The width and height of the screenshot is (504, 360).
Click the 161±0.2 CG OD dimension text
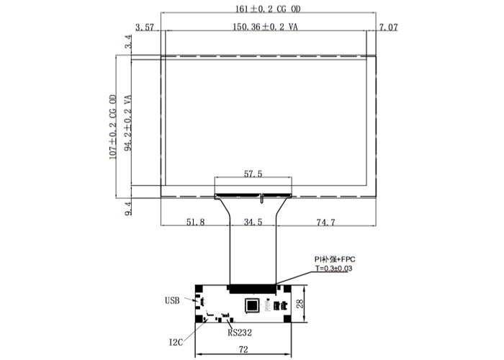(x=268, y=9)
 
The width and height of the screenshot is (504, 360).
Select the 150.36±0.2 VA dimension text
(x=265, y=27)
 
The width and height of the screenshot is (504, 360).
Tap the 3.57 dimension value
(x=145, y=27)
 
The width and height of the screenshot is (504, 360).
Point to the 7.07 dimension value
(x=389, y=27)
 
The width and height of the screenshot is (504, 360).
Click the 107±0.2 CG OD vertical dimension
(x=113, y=127)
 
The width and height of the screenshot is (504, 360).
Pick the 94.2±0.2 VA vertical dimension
(x=128, y=123)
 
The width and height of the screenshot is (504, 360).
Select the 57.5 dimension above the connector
(x=253, y=174)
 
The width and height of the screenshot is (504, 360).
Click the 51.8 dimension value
(x=195, y=222)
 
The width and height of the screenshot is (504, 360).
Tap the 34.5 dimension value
(x=253, y=222)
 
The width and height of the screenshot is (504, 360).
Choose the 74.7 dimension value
(x=325, y=222)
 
